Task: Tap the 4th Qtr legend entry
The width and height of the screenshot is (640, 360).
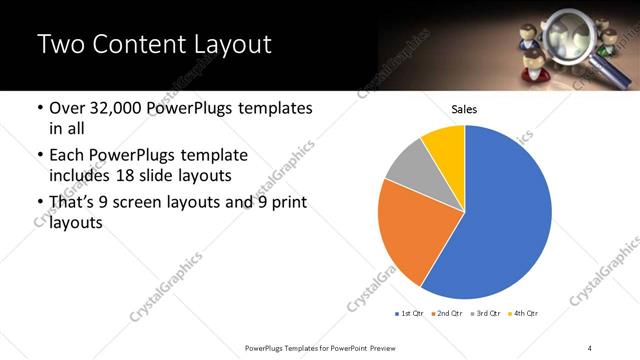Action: pos(525,314)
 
